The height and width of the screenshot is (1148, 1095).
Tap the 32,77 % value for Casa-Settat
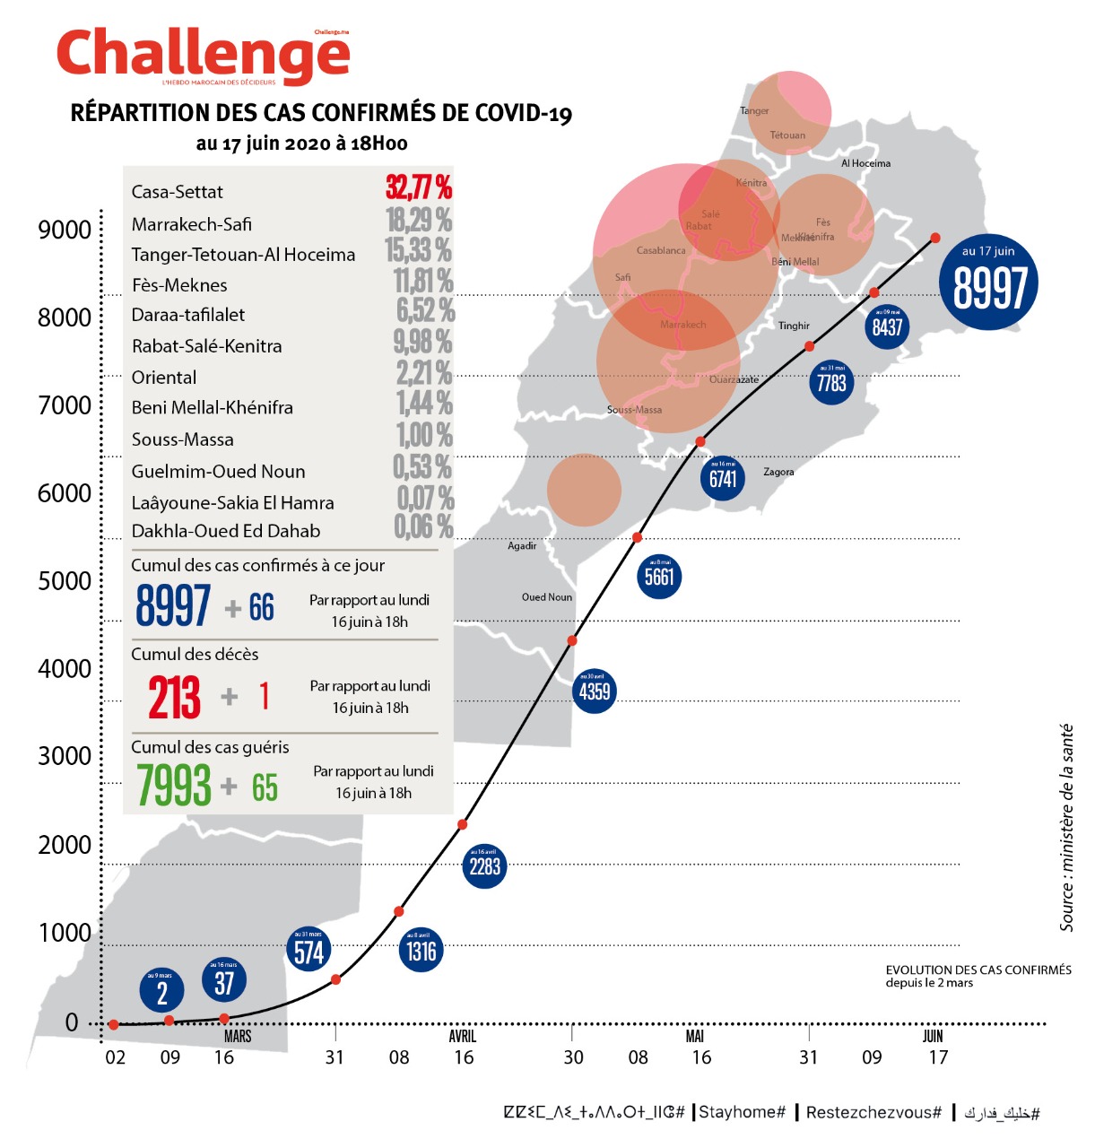[419, 187]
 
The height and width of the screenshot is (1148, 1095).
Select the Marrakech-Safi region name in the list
[191, 224]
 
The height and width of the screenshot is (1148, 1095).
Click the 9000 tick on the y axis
[65, 230]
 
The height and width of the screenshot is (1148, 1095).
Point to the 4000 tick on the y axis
[65, 668]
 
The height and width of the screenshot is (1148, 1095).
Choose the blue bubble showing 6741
[722, 477]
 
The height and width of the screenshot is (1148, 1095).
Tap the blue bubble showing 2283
[484, 865]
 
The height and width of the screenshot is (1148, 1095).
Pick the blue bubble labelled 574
[309, 950]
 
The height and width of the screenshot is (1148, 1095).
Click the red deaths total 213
[174, 697]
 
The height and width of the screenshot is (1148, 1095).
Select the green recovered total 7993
[173, 785]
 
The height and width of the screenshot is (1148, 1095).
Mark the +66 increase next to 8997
[250, 608]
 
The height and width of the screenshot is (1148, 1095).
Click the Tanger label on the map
[754, 111]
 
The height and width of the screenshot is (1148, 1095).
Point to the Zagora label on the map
[778, 472]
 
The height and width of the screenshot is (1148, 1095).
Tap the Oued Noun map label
[547, 597]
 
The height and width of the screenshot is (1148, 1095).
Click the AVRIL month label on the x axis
[463, 1036]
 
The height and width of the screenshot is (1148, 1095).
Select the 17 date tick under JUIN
[938, 1057]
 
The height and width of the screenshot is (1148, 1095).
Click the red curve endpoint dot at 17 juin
[935, 238]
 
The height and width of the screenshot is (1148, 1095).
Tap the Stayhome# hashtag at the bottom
[743, 1112]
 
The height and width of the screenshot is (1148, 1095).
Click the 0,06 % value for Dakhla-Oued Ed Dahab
[423, 527]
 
